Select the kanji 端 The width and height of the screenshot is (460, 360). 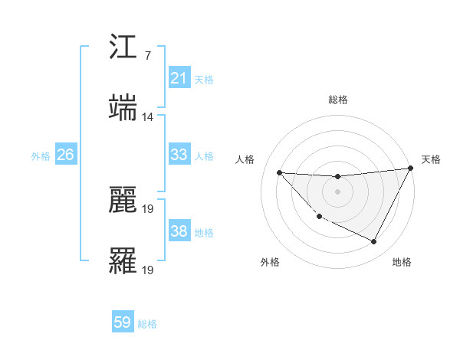tap(123, 107)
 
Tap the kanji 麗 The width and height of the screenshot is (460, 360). tap(123, 201)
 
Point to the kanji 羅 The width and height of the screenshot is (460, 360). tap(123, 261)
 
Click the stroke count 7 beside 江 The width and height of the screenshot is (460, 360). tap(148, 56)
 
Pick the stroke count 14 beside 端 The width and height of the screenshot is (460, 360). tap(148, 116)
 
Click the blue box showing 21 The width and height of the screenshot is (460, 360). tap(179, 78)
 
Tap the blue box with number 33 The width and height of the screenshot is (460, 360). tap(179, 155)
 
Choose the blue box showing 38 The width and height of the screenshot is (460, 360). tap(179, 231)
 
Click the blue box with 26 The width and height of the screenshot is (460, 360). tap(65, 155)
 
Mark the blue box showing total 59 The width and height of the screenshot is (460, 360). tap(123, 322)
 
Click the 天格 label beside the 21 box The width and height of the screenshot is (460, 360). tap(204, 79)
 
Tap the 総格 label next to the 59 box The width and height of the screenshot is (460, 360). tap(147, 323)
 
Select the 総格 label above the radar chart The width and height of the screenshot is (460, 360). tap(337, 100)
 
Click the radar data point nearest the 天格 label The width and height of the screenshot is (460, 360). tap(410, 169)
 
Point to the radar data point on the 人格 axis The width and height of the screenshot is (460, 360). tap(279, 172)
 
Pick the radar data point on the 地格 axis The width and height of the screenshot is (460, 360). tap(374, 242)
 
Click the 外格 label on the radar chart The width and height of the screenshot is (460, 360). tap(270, 262)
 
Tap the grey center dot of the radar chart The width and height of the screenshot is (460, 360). tap(337, 191)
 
